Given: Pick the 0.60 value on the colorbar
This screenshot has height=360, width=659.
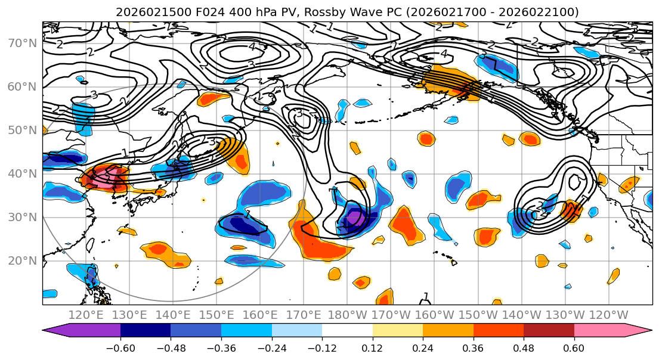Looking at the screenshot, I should (574, 347).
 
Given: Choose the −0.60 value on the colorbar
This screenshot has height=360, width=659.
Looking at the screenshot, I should (120, 347).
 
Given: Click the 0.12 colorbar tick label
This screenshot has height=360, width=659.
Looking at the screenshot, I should (373, 347).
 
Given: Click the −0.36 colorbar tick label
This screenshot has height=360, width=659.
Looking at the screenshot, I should (221, 347).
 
